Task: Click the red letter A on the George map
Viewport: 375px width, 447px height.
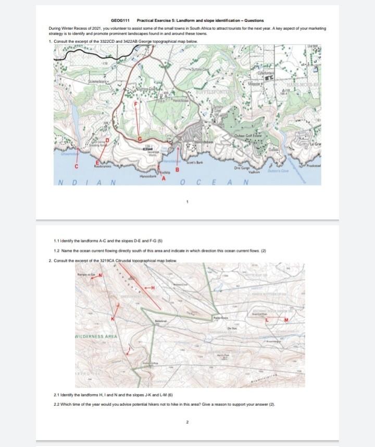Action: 163,179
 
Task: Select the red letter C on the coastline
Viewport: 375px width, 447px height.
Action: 76,166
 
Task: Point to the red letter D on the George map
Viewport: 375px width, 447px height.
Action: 108,141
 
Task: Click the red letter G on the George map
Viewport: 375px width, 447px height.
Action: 140,138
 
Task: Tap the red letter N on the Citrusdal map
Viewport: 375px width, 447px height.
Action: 101,275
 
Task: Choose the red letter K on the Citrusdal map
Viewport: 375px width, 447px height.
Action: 112,318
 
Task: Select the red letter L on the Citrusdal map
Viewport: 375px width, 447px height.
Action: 267,320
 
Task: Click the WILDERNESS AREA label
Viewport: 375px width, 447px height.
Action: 99,337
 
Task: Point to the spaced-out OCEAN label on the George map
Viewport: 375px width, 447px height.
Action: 213,183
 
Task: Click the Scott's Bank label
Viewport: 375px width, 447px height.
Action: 195,164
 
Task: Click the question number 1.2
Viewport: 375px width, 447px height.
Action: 58,251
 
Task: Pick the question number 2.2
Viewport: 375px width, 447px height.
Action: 58,405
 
